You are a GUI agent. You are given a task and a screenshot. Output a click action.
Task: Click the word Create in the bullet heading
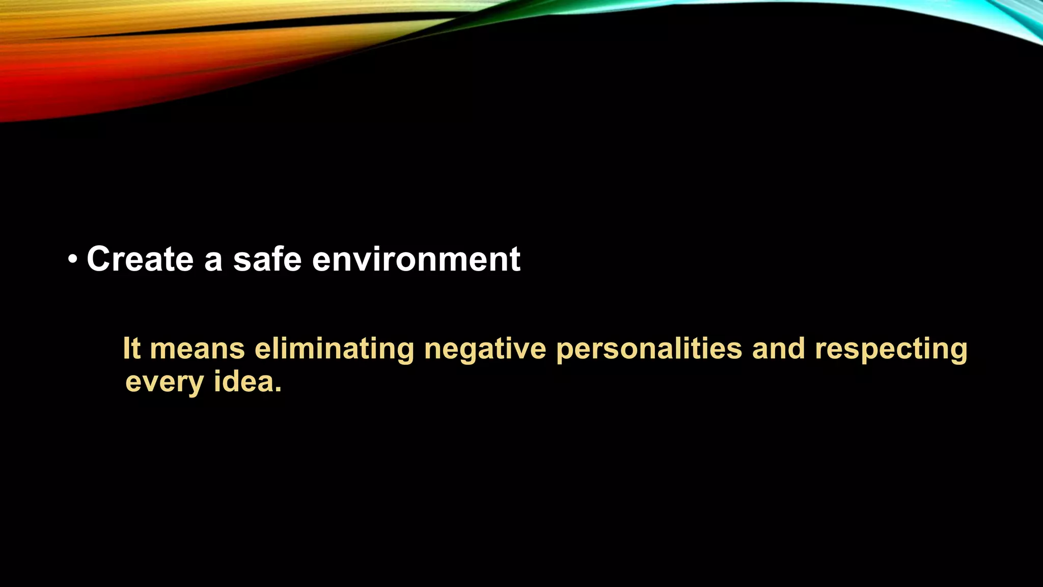click(140, 259)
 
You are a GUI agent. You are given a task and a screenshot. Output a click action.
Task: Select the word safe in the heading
click(267, 259)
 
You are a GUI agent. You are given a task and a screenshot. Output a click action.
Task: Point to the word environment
click(416, 259)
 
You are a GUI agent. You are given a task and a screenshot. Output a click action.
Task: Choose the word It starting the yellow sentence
click(131, 349)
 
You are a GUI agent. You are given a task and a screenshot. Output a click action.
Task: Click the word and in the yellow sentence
click(778, 349)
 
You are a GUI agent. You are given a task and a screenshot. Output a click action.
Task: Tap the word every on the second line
click(164, 383)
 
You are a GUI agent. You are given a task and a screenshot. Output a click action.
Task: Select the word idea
click(244, 382)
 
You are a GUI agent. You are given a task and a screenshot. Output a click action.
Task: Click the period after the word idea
click(278, 390)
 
